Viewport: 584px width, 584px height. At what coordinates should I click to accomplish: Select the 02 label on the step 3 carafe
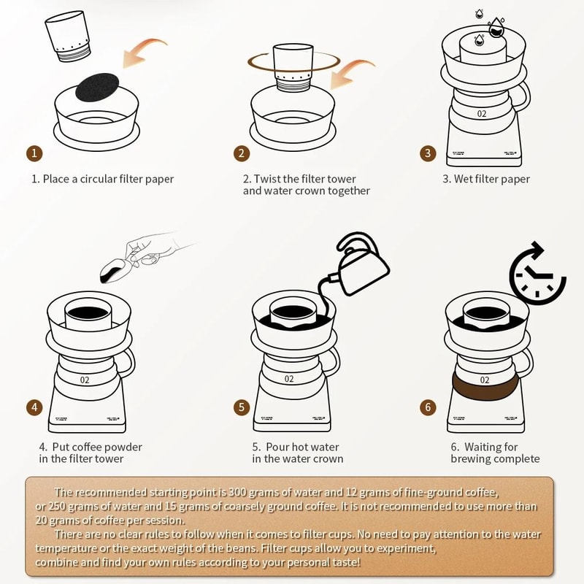click(482, 114)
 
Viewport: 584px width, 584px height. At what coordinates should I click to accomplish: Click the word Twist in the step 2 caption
click(271, 179)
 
